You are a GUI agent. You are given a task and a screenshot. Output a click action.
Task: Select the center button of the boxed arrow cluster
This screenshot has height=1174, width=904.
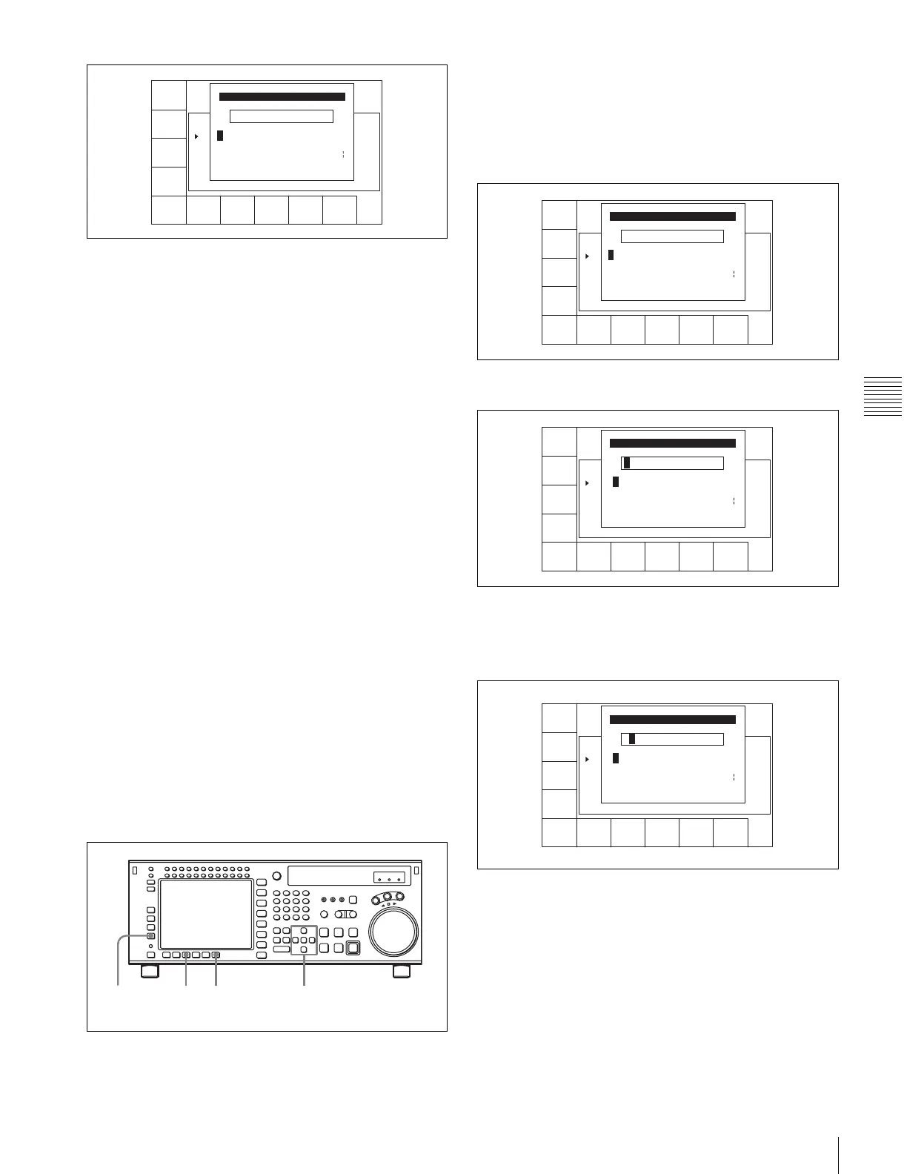point(304,940)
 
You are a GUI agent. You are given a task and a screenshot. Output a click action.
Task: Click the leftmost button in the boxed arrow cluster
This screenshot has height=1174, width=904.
point(295,940)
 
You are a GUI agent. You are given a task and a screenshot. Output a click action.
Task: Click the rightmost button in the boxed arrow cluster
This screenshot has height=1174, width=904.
point(312,940)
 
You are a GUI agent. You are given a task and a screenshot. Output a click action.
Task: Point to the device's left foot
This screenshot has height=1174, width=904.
point(149,971)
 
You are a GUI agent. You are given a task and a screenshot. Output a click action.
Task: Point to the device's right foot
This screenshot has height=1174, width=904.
point(401,971)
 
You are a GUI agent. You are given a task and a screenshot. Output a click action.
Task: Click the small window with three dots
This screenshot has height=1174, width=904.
point(390,878)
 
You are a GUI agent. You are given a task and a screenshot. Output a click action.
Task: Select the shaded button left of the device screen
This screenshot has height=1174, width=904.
point(150,936)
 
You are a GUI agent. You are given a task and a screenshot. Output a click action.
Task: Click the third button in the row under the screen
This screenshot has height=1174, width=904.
point(187,955)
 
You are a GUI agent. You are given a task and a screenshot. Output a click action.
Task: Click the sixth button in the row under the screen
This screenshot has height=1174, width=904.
point(216,955)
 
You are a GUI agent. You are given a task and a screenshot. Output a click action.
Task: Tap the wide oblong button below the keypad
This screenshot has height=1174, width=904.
point(281,949)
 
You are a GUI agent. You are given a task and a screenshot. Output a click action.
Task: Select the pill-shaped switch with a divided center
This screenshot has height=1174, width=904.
point(342,914)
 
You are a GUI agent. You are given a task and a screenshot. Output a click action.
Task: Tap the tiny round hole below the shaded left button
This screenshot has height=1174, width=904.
point(150,946)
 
